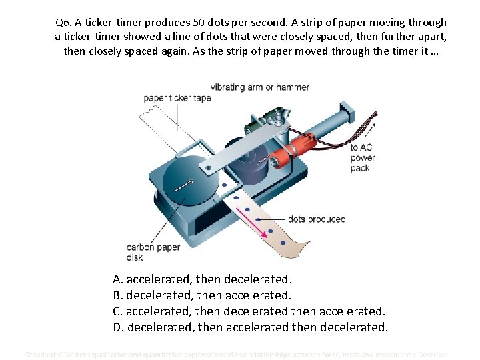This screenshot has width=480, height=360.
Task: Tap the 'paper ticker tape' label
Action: (177, 98)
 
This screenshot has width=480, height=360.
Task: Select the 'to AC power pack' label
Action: (363, 157)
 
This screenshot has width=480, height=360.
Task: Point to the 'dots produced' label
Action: (317, 219)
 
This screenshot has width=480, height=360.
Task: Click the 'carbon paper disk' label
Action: (153, 252)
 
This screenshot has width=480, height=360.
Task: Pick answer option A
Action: (203, 279)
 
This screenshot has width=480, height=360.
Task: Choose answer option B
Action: (203, 295)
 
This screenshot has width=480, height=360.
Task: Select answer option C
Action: (249, 311)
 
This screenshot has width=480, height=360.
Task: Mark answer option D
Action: (250, 327)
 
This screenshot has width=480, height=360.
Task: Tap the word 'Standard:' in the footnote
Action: (41, 355)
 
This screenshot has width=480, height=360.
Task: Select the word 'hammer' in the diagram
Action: (294, 87)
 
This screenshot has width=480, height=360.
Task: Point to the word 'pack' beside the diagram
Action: (360, 168)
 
